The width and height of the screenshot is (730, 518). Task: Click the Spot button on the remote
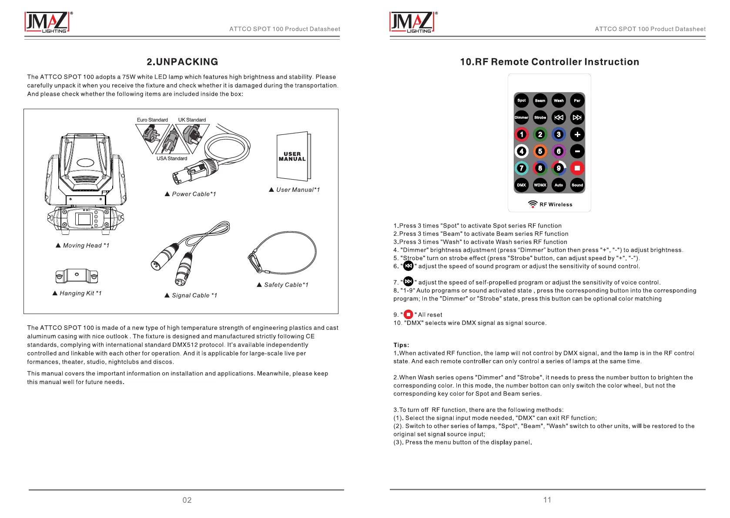(x=521, y=100)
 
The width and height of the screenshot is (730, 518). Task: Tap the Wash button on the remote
(x=559, y=100)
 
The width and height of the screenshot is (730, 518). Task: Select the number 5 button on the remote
(x=540, y=151)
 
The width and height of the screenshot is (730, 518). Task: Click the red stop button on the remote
(x=577, y=168)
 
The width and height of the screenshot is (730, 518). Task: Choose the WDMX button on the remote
(x=540, y=185)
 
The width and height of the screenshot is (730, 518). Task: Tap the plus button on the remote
(x=577, y=134)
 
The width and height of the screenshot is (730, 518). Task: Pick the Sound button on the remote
(x=577, y=185)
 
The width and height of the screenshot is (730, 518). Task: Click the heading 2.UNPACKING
(x=182, y=62)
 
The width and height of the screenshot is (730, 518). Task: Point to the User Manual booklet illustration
(x=293, y=156)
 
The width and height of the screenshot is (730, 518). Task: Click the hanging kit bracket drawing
(x=77, y=276)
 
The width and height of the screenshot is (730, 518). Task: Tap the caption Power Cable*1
(x=194, y=194)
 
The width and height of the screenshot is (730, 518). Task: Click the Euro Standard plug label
(x=152, y=120)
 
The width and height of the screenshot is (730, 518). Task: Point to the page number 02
(x=187, y=500)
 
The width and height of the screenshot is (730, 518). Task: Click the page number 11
(x=547, y=500)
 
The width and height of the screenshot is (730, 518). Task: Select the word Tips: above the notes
(x=401, y=345)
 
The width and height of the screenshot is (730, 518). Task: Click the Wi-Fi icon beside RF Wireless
(x=532, y=204)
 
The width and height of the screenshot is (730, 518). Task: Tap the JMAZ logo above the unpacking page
(x=47, y=22)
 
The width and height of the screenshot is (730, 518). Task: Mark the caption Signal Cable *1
(x=194, y=295)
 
